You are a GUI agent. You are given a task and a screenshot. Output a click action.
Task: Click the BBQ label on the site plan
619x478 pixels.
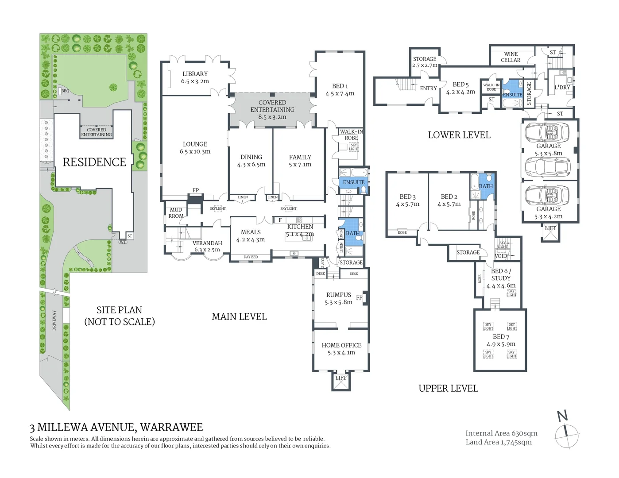[65, 91]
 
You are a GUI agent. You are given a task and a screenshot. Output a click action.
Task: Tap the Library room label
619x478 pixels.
[195, 74]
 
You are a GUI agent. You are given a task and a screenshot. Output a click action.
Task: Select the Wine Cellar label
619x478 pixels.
[511, 57]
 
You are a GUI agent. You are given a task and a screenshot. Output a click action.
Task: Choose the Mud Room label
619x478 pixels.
[176, 213]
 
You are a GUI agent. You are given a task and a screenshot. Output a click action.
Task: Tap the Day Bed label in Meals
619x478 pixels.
[251, 257]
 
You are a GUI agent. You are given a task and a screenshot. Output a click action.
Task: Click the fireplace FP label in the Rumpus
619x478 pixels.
[359, 297]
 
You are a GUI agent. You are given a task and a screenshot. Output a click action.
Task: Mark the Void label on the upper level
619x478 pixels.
[500, 256]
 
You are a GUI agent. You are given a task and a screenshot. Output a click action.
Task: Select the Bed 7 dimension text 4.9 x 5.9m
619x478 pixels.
[501, 344]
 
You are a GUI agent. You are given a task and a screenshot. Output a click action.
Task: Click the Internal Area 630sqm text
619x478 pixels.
[501, 433]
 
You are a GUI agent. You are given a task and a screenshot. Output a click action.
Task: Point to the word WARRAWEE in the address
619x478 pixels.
[171, 427]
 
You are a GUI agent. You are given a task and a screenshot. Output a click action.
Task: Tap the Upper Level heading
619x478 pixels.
[448, 388]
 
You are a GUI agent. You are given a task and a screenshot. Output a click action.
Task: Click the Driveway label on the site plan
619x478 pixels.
[54, 320]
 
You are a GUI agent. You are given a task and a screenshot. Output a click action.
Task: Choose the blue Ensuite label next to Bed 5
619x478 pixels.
[512, 95]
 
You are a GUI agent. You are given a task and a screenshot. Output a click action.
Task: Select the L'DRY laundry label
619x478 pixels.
[562, 87]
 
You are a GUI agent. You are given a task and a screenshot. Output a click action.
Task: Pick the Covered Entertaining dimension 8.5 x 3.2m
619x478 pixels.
[272, 117]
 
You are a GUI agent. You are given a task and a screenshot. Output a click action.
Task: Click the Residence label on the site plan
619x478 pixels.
[94, 162]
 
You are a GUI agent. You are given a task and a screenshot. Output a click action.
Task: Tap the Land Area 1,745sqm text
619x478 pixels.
[499, 442]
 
